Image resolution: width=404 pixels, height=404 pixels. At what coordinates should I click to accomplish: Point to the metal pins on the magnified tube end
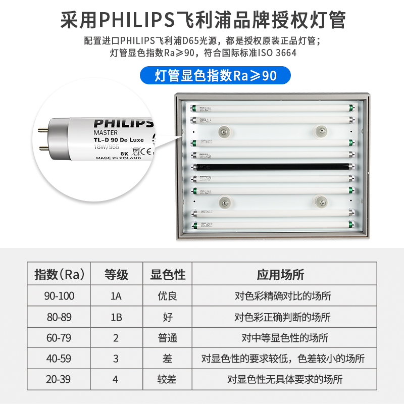[x=44, y=136]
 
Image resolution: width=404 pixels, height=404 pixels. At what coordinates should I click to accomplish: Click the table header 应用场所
[x=280, y=275]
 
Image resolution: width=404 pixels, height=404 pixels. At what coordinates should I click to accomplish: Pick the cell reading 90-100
[x=60, y=296]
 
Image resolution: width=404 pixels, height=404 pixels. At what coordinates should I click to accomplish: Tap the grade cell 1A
[x=116, y=296]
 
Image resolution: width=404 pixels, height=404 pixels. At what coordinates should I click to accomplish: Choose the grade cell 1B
[x=116, y=317]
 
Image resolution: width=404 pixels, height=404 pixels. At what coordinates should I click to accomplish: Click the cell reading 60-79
[x=60, y=337]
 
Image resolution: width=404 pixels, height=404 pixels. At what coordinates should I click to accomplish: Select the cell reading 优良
[x=168, y=296]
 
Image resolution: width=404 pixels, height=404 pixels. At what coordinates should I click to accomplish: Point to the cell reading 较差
[x=168, y=379]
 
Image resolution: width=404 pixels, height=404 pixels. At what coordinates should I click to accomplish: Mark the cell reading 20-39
[x=60, y=379]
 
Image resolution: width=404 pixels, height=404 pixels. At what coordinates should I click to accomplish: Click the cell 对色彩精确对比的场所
[x=283, y=296]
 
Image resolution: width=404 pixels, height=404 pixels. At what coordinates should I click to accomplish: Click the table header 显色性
[x=168, y=275]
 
